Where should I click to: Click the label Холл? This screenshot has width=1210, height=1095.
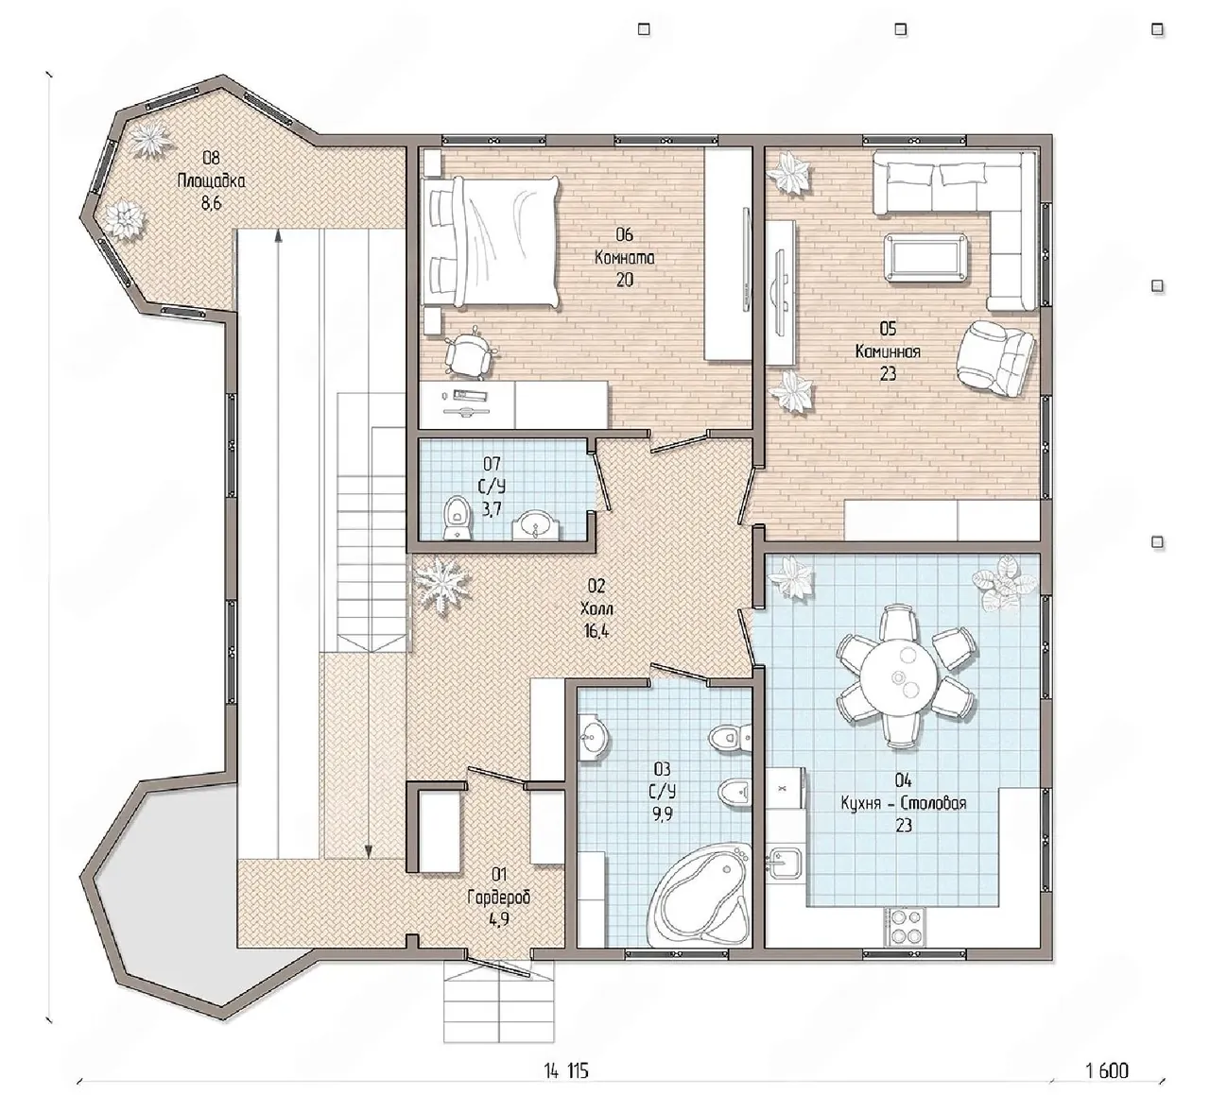(x=596, y=608)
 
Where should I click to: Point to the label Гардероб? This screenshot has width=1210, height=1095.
(x=499, y=898)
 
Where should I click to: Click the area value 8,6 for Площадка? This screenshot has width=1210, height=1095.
(x=212, y=203)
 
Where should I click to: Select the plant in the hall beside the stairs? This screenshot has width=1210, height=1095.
(x=442, y=586)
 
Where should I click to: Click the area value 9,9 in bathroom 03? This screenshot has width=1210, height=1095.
(x=662, y=814)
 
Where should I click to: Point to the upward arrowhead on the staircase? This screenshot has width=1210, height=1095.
(x=278, y=236)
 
